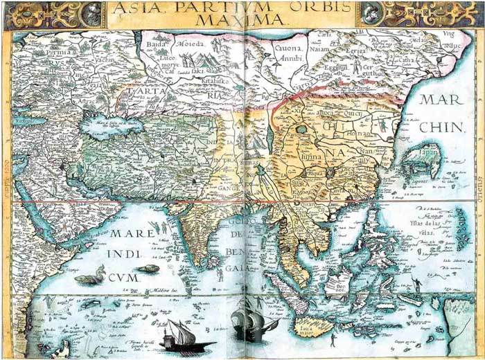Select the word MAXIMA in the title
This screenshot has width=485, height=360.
pyautogui.click(x=240, y=21)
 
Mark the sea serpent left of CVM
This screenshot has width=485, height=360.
pyautogui.click(x=88, y=278)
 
